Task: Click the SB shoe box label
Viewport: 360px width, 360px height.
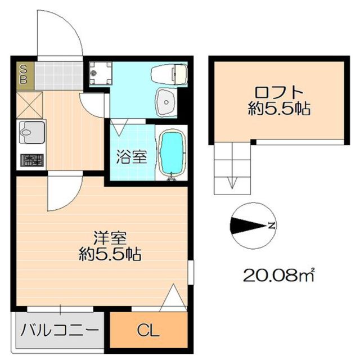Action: [24, 74]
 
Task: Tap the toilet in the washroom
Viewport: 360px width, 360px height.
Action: [169, 74]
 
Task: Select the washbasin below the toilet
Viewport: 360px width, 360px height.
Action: [166, 102]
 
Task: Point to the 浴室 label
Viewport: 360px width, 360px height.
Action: [131, 156]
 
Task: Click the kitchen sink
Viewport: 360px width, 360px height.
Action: [32, 133]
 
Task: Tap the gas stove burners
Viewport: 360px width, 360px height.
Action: [32, 160]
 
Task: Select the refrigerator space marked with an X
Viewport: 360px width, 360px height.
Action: [30, 105]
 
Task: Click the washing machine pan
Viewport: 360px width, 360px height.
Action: [100, 73]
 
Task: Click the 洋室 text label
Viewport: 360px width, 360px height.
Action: [110, 238]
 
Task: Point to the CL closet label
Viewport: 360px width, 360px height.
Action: [148, 331]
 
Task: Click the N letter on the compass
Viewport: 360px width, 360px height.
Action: [272, 226]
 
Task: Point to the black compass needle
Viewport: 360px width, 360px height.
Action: [249, 226]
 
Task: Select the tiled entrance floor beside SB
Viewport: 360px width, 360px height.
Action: [58, 76]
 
